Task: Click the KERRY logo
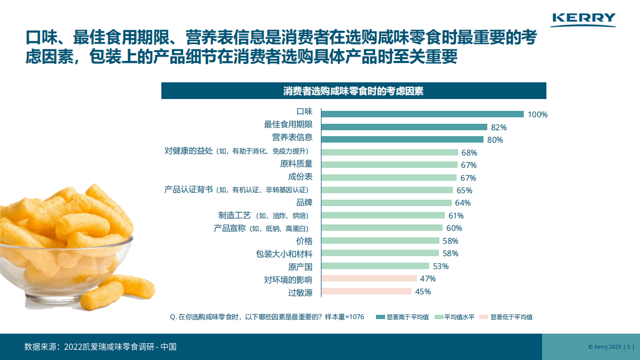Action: point(584,19)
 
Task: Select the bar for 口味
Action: point(422,114)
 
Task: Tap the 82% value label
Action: point(499,128)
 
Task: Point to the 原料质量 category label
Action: point(296,164)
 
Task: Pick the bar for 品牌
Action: point(387,203)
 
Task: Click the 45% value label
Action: point(423,292)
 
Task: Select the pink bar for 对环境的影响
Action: point(369,279)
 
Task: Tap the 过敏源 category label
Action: point(300,293)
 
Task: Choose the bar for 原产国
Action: point(375,266)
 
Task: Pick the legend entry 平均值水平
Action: point(454,317)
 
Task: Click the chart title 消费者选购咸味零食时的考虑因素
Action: point(353,91)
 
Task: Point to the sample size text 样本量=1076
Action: point(344,317)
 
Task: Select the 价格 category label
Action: point(304,241)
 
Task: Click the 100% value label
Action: point(537,115)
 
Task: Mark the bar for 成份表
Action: point(389,178)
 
